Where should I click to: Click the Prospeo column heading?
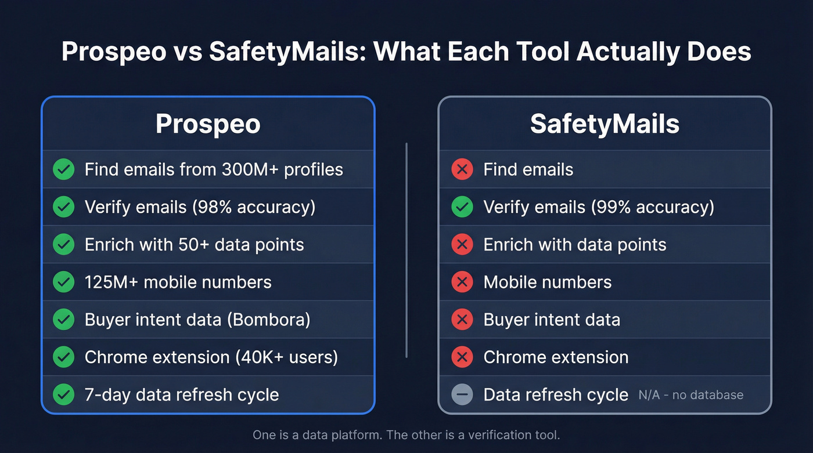[208, 125]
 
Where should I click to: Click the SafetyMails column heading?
[605, 125]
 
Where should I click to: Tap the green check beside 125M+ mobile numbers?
[64, 282]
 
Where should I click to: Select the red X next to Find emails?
[462, 170]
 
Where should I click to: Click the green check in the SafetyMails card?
[462, 207]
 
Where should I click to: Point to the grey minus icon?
[462, 395]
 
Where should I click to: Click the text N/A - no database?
[690, 395]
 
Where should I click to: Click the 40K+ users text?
[287, 357]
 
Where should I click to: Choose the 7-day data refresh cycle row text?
[182, 395]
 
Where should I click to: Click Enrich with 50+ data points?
[194, 245]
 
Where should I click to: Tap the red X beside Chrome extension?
[462, 357]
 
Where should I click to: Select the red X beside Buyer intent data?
[462, 320]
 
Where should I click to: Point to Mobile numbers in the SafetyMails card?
[547, 282]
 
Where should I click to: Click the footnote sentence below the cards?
[406, 435]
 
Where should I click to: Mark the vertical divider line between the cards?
[406, 249]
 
